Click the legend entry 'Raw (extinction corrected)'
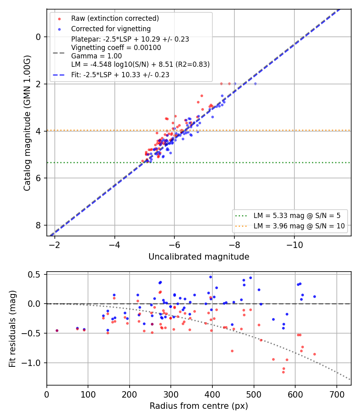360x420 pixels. [x=115, y=18]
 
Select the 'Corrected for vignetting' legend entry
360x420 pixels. [x=111, y=29]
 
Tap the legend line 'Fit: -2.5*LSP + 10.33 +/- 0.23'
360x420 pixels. [x=120, y=75]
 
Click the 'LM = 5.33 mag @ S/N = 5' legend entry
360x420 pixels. [x=297, y=216]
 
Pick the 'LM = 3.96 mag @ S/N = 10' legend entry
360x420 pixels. [x=299, y=226]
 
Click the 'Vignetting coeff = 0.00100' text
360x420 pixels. [x=116, y=48]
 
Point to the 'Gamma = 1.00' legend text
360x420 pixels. [x=96, y=56]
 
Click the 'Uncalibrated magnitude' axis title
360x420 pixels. [x=199, y=257]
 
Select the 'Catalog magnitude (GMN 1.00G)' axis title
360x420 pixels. [x=27, y=123]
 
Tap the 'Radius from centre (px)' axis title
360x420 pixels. [x=199, y=406]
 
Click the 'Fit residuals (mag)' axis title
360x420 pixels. [x=12, y=329]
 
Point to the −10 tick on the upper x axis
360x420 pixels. [x=294, y=245]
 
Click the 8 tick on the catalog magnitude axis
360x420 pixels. [x=38, y=225]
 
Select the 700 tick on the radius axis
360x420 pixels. [x=336, y=394]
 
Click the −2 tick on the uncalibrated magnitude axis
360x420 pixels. [x=54, y=245]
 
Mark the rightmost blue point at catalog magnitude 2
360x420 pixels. [x=255, y=84]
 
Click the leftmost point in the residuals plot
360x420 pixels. [x=57, y=330]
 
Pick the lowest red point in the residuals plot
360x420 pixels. [x=283, y=372]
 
